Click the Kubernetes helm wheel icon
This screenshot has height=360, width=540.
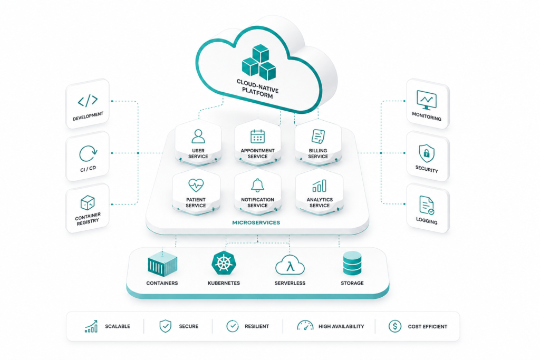pos(224,263)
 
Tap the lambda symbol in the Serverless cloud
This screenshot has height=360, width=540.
pos(291,266)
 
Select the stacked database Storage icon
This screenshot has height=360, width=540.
pos(352,263)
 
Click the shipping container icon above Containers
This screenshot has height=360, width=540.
pos(162,264)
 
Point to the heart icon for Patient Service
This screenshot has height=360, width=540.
pos(196,185)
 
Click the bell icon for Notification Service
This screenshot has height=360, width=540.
pos(257,185)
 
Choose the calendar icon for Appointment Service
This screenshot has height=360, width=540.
pos(257,137)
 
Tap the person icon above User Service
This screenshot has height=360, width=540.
pos(198,136)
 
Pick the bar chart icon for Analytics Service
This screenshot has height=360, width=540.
pos(319,186)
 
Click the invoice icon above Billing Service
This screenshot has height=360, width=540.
pos(318,137)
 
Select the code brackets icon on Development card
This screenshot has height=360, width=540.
pos(88,101)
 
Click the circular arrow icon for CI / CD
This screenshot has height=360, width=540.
pos(88,153)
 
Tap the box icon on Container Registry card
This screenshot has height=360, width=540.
pos(88,203)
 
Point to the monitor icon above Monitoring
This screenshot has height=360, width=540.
pos(427,100)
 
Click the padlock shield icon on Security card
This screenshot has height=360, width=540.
pos(427,153)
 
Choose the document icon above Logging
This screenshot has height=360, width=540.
pos(427,205)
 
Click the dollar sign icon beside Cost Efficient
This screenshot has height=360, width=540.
pos(395,326)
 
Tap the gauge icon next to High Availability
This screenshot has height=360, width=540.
pos(305,325)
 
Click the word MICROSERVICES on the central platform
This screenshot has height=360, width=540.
pos(256,222)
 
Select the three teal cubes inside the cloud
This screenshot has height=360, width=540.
pos(259,62)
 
